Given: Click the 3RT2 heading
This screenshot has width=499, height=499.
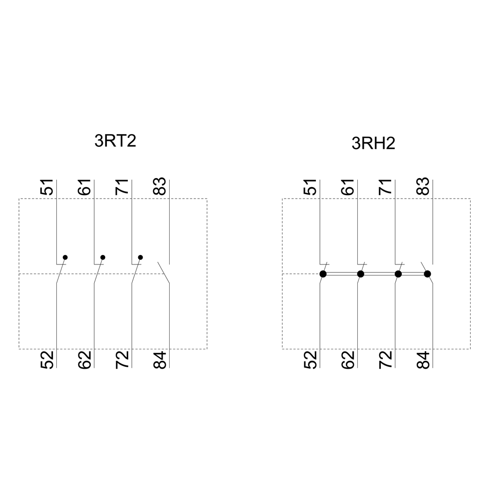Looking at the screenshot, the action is (115, 141).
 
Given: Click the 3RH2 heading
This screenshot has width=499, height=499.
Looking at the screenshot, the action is (373, 143).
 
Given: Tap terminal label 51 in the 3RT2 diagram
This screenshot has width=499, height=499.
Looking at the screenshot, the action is (46, 187).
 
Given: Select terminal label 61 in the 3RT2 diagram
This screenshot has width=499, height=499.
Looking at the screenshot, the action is (84, 187).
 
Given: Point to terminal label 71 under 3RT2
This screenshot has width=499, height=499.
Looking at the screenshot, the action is (122, 187).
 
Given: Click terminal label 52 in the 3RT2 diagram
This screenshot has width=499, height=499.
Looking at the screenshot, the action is (46, 360).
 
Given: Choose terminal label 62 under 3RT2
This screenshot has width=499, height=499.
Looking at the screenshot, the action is (84, 360).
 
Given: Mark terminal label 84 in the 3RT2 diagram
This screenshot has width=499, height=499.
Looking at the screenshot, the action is (160, 360).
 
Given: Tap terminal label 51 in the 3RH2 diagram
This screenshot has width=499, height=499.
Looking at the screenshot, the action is (310, 187).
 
